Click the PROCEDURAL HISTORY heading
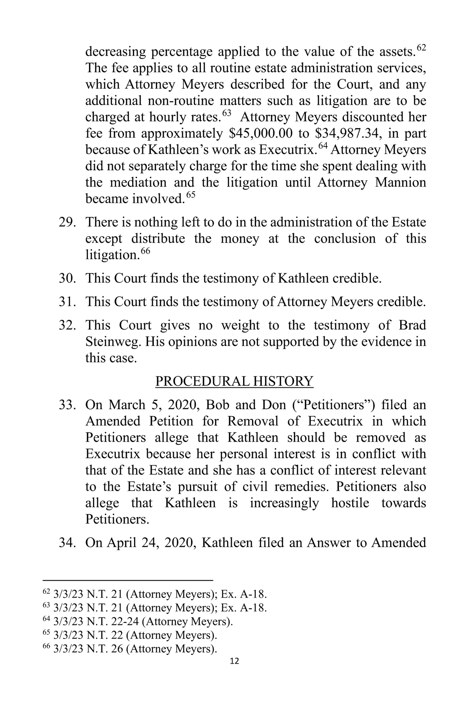234,381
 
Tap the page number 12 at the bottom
234,661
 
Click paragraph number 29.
67,222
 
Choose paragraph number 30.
67,278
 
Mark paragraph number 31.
67,302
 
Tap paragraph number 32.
67,325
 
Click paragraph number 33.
67,405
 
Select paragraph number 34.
67,543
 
